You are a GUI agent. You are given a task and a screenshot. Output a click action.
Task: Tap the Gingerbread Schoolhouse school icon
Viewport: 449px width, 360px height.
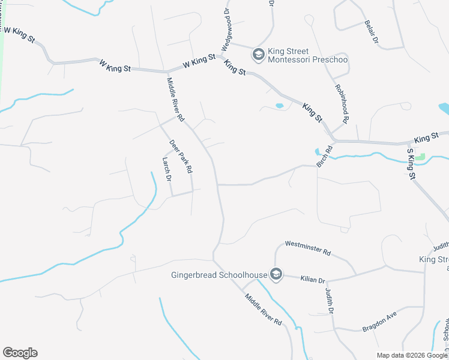[x=276, y=275]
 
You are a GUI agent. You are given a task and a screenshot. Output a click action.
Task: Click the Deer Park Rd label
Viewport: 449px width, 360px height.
[x=181, y=157]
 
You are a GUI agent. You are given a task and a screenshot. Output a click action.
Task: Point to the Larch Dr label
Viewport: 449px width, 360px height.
[x=167, y=169]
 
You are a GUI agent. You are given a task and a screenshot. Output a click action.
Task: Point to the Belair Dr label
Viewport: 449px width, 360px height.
[x=371, y=33]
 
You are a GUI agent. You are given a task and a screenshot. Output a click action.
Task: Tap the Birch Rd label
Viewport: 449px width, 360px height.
[x=328, y=158]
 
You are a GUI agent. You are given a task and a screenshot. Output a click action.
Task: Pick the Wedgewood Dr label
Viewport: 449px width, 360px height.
[x=226, y=29]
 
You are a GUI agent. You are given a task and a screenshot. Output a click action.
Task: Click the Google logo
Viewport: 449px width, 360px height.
[x=20, y=353]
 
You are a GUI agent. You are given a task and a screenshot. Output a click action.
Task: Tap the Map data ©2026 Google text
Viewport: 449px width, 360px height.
[x=411, y=355]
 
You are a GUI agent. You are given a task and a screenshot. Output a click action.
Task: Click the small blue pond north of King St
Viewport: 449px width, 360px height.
[x=279, y=106]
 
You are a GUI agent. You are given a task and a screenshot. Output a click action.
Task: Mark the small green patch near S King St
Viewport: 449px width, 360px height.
[x=420, y=157]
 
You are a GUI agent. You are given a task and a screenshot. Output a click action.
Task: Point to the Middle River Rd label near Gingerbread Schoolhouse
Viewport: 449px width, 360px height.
[x=262, y=309]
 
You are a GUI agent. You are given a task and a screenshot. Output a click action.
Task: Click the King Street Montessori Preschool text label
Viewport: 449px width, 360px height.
[x=308, y=55]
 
